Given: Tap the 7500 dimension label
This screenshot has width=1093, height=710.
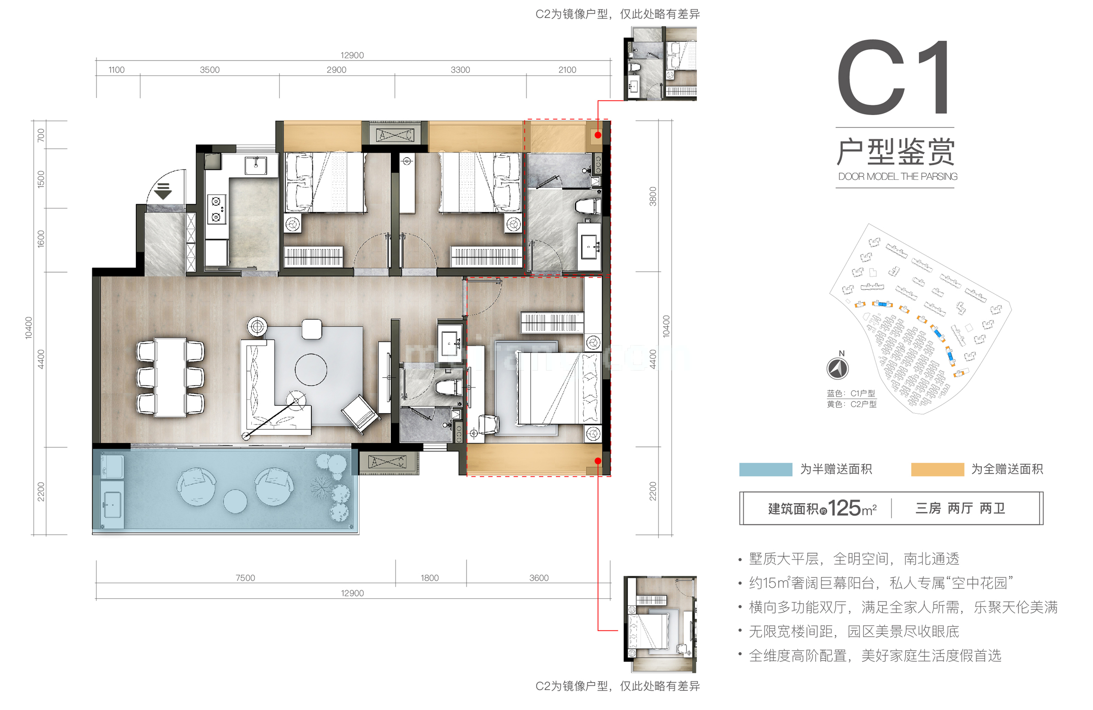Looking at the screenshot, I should point(245,577).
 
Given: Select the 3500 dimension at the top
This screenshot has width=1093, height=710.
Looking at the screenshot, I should point(210,70).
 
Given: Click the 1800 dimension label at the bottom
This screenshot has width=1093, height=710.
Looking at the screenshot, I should point(430,577).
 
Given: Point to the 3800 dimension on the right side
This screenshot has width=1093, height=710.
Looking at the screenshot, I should point(653,196).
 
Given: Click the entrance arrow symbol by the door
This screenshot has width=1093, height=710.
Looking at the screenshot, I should point(163,191).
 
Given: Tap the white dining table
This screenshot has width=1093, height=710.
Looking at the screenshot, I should point(170,377).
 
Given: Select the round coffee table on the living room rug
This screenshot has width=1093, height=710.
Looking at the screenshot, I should point(311,370).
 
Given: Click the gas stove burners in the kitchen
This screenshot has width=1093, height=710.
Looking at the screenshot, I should point(216,209).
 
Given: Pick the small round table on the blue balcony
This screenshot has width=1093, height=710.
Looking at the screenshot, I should point(235,501).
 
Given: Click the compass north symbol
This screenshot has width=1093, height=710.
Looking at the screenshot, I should point(837,368).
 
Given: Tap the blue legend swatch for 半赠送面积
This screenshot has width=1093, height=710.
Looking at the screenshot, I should point(765,469).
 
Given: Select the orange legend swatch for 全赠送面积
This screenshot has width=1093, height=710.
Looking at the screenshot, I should point(937,469).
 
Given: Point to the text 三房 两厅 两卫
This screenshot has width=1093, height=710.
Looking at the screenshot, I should point(960,508).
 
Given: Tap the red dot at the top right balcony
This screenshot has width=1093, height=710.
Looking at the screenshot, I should point(598,135).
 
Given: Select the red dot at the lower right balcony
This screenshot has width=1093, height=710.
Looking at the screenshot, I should point(598,461).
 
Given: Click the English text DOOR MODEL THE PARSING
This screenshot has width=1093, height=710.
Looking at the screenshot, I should point(897,177).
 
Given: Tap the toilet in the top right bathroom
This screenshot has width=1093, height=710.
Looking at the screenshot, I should point(587,206).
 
